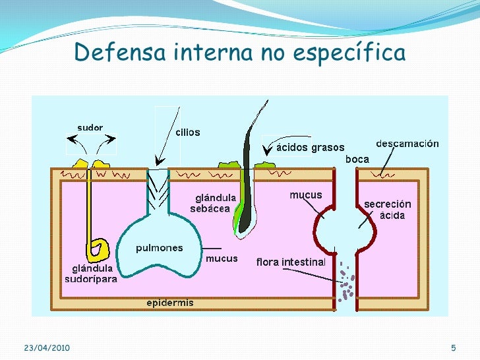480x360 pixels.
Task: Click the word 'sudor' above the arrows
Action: [90, 127]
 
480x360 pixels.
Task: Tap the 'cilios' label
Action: [188, 133]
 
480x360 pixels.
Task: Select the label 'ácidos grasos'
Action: [311, 148]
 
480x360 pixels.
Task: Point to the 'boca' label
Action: [357, 159]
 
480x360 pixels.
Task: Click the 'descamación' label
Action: [407, 144]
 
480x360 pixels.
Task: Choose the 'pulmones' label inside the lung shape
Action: [159, 248]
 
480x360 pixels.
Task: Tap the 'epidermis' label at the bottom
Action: [170, 303]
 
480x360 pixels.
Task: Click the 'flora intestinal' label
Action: [291, 262]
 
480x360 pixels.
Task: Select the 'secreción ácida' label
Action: [388, 210]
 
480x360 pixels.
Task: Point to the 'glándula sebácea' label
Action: [213, 203]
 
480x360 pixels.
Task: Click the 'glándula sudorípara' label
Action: [91, 274]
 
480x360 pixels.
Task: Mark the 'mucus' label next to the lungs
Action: [222, 258]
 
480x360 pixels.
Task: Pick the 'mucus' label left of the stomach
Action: [306, 195]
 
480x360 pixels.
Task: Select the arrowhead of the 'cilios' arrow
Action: [160, 161]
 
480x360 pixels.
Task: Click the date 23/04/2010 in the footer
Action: [47, 347]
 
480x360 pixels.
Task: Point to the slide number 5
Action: [454, 347]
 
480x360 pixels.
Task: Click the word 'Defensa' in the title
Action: [120, 51]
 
